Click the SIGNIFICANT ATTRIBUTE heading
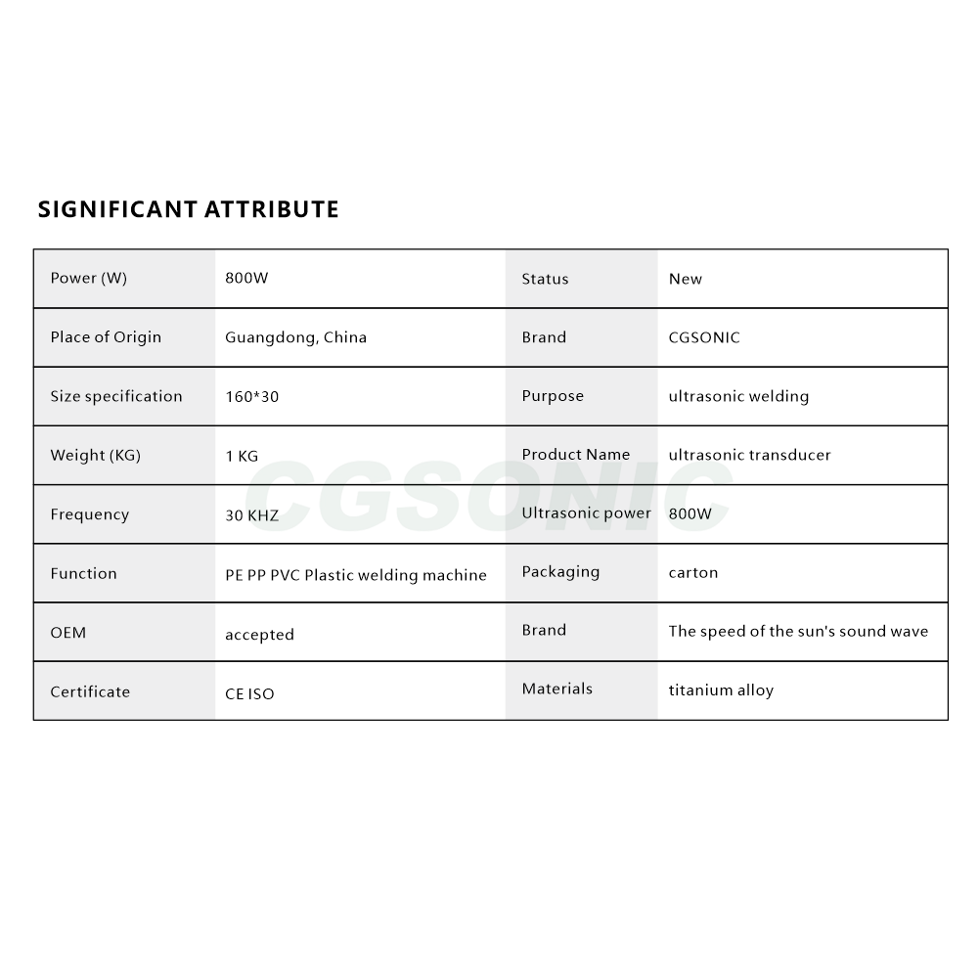[188, 209]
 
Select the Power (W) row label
[88, 278]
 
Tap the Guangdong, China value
[295, 337]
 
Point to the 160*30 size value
[252, 396]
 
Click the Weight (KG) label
[95, 455]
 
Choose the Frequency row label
[89, 514]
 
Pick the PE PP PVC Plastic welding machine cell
[356, 575]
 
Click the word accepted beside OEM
[259, 635]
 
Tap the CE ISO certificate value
[249, 693]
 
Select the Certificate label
[90, 691]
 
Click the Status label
[545, 279]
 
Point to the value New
[685, 279]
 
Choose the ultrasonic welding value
[738, 396]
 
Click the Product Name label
[575, 454]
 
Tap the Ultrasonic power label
[586, 512]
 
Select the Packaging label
[560, 571]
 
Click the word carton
[692, 572]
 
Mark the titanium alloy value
[721, 690]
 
